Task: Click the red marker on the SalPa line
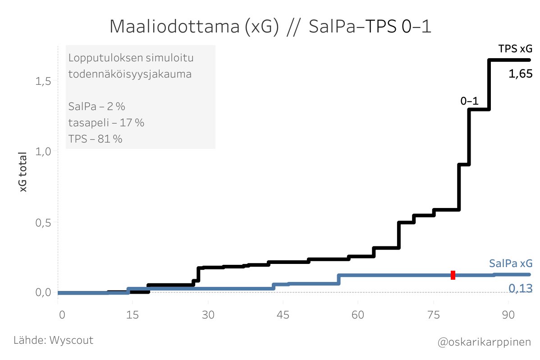453,275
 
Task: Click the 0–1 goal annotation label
469,102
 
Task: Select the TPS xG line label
515,48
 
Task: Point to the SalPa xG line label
510,263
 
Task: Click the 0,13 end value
521,288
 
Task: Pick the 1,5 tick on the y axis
44,81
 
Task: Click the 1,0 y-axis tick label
44,152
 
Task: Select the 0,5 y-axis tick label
44,222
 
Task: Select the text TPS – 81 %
95,139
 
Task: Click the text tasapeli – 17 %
106,123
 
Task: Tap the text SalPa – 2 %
96,107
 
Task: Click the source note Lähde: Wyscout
54,340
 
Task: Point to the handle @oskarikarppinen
484,342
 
